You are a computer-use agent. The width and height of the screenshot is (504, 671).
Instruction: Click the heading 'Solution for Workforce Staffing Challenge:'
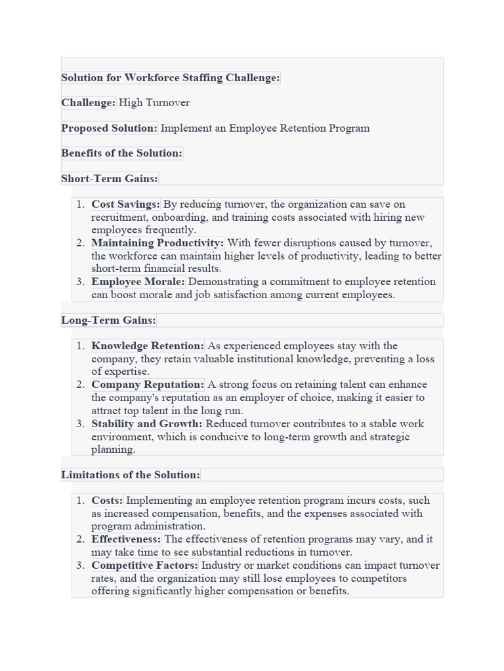pyautogui.click(x=171, y=77)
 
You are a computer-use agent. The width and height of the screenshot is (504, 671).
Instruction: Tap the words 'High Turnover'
pyautogui.click(x=154, y=103)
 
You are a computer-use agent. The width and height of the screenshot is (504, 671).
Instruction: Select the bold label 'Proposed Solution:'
pyautogui.click(x=110, y=128)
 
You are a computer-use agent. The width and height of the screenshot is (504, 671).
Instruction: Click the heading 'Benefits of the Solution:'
pyautogui.click(x=121, y=153)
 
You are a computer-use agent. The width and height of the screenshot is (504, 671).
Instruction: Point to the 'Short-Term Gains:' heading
pyautogui.click(x=110, y=178)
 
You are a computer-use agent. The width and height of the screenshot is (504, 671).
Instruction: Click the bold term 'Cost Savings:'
pyautogui.click(x=126, y=204)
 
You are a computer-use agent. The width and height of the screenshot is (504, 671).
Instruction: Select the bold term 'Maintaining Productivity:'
pyautogui.click(x=157, y=243)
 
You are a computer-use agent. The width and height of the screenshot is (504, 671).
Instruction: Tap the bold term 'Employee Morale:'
pyautogui.click(x=138, y=282)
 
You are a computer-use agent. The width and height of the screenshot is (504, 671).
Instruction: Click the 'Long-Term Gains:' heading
pyautogui.click(x=108, y=320)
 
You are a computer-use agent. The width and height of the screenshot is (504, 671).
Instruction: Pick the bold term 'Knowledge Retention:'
pyautogui.click(x=148, y=346)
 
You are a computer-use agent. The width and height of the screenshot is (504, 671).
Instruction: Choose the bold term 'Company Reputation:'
pyautogui.click(x=148, y=385)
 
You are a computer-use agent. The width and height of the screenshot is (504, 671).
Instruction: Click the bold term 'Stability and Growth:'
pyautogui.click(x=147, y=424)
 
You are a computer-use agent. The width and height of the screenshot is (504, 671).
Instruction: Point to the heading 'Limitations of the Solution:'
pyautogui.click(x=131, y=474)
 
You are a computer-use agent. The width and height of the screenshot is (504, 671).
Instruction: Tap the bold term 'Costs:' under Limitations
pyautogui.click(x=107, y=501)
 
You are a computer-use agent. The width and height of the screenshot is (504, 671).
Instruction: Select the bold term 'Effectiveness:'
pyautogui.click(x=126, y=539)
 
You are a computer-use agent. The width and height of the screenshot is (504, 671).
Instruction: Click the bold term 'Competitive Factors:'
pyautogui.click(x=145, y=566)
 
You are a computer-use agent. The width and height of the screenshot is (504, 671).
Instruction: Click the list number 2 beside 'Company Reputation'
pyautogui.click(x=79, y=385)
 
